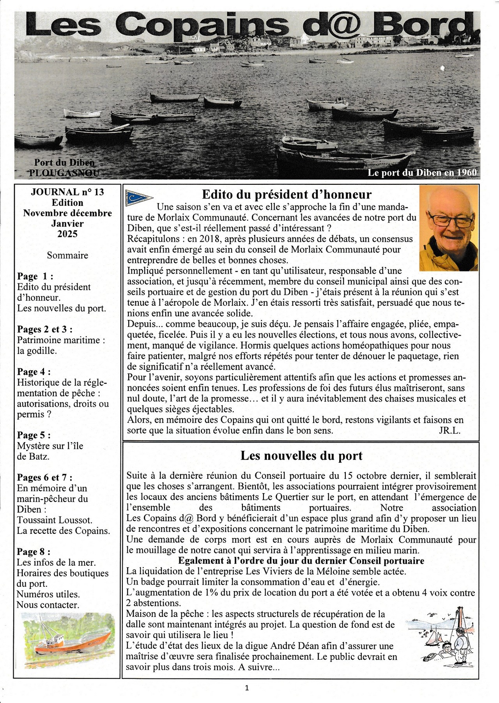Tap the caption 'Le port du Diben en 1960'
[422, 172]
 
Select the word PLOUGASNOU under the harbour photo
[64, 173]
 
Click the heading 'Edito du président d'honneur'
[287, 194]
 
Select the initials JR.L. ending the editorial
[449, 430]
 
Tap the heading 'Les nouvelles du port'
[301, 455]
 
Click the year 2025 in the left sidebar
[67, 234]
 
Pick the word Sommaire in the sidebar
[67, 255]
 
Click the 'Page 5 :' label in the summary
[34, 435]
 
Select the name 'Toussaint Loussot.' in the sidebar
[55, 520]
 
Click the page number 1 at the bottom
[247, 688]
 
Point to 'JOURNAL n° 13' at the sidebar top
[67, 192]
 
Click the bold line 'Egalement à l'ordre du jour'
[301, 561]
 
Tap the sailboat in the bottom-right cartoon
[434, 638]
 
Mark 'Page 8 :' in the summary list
[34, 552]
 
